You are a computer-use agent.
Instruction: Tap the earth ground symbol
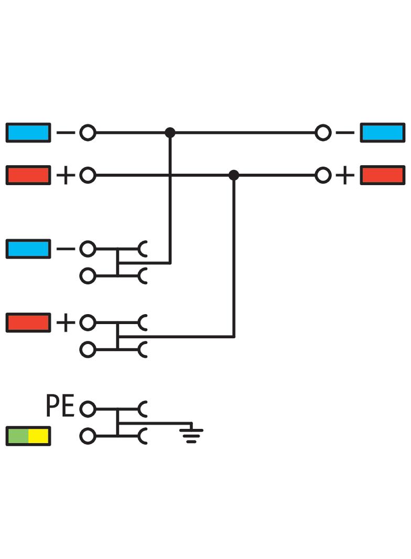(191, 434)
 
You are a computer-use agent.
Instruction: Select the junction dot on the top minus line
(170, 133)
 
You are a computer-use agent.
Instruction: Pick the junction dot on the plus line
(234, 175)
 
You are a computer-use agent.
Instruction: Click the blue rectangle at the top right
(383, 133)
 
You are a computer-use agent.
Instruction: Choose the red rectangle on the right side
(383, 175)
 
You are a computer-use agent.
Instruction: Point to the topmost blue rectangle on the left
(28, 133)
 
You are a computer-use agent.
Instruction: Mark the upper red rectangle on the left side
(28, 175)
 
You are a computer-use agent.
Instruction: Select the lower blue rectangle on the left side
(28, 249)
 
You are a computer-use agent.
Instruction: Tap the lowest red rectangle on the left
(28, 322)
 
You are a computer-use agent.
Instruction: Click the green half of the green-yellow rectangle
(18, 436)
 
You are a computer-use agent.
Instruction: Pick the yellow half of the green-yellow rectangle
(39, 436)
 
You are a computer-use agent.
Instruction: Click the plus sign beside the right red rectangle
(344, 175)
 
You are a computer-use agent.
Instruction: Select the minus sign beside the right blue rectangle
(344, 133)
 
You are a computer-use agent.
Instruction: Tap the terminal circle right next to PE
(88, 408)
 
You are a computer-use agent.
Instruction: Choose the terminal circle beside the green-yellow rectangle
(88, 436)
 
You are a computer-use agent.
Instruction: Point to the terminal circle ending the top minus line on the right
(323, 133)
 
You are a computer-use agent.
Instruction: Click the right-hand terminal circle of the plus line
(323, 175)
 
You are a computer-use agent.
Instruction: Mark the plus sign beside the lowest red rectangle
(66, 322)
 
